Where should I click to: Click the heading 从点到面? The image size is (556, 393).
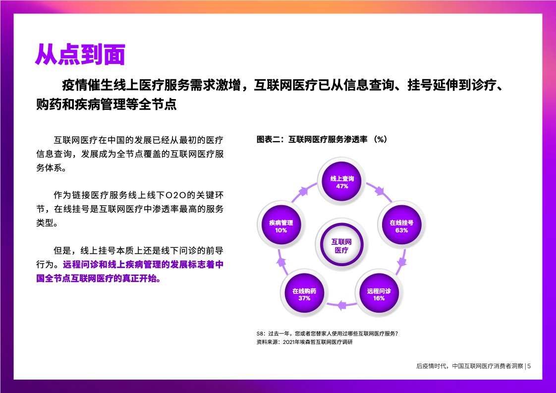point(80,55)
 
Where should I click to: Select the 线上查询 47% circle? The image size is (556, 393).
point(341,181)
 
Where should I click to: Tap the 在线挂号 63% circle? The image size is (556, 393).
point(401,225)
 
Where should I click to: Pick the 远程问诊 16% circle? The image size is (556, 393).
point(379,293)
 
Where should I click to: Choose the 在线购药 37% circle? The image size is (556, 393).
point(304,293)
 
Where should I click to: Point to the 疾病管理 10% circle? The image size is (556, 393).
point(281,225)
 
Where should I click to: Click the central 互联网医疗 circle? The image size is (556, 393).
point(341,245)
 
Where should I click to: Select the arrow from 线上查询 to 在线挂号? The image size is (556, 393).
point(380,191)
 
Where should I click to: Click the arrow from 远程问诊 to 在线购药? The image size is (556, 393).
point(341,305)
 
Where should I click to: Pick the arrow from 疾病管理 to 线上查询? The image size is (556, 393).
point(304,191)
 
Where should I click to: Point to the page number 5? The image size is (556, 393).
point(529,366)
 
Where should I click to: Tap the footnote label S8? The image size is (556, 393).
point(261,334)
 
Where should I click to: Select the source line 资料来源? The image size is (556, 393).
point(305,342)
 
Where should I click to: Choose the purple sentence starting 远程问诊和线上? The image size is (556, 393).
point(130,272)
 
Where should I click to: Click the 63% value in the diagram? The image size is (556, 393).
point(401,230)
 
